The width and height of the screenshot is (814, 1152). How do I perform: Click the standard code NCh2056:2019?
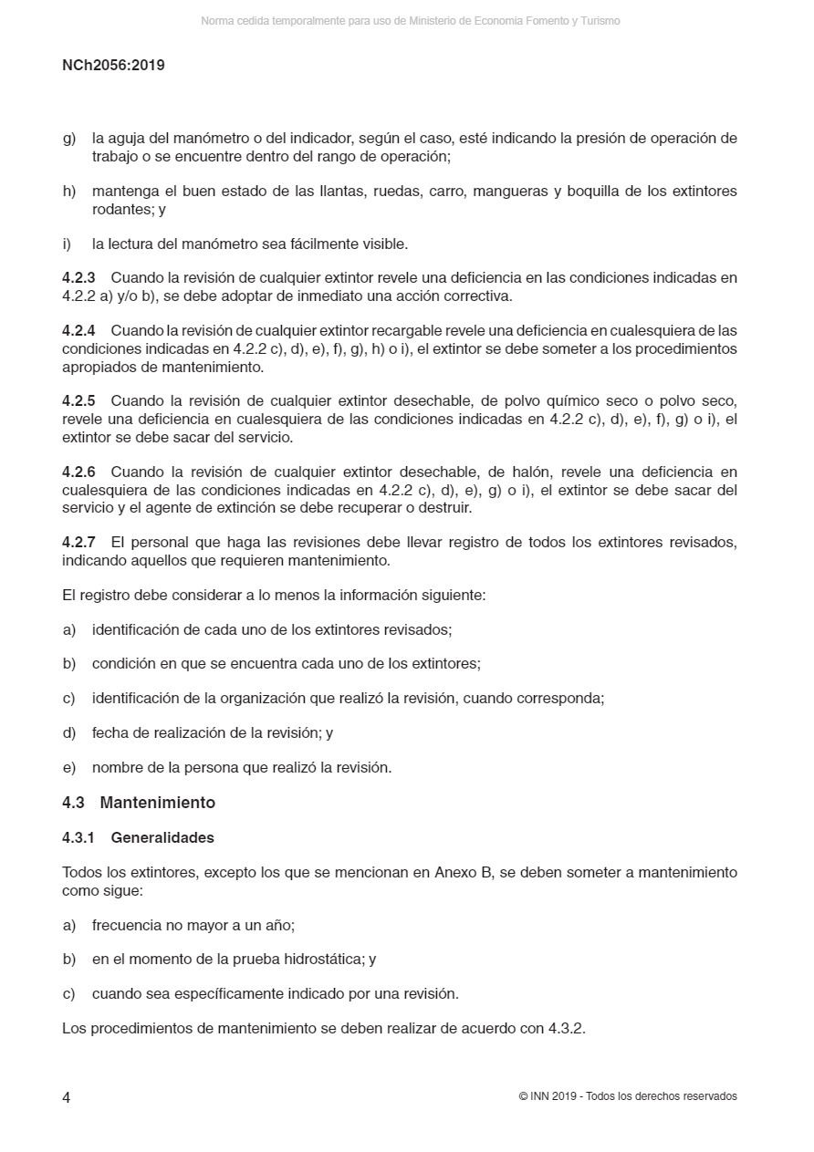coord(113,66)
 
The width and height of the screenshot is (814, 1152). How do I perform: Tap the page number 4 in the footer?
coord(67,1097)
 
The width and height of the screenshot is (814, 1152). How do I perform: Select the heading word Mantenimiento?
coord(157,803)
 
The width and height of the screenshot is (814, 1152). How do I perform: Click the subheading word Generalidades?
coord(162,837)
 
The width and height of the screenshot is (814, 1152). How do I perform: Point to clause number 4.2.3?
coord(78,278)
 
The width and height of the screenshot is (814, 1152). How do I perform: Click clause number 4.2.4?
coord(78,330)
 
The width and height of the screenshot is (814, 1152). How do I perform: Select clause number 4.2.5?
coord(78,401)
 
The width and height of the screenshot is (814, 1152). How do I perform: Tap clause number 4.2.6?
coord(78,472)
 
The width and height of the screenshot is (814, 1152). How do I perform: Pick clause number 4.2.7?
coord(78,543)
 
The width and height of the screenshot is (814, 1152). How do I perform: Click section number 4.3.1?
coord(78,837)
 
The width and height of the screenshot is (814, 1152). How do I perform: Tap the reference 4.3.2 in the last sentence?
coord(565,1029)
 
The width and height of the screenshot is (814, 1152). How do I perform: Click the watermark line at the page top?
coord(410,21)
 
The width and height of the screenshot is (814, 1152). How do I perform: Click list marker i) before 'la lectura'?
coord(68,244)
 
